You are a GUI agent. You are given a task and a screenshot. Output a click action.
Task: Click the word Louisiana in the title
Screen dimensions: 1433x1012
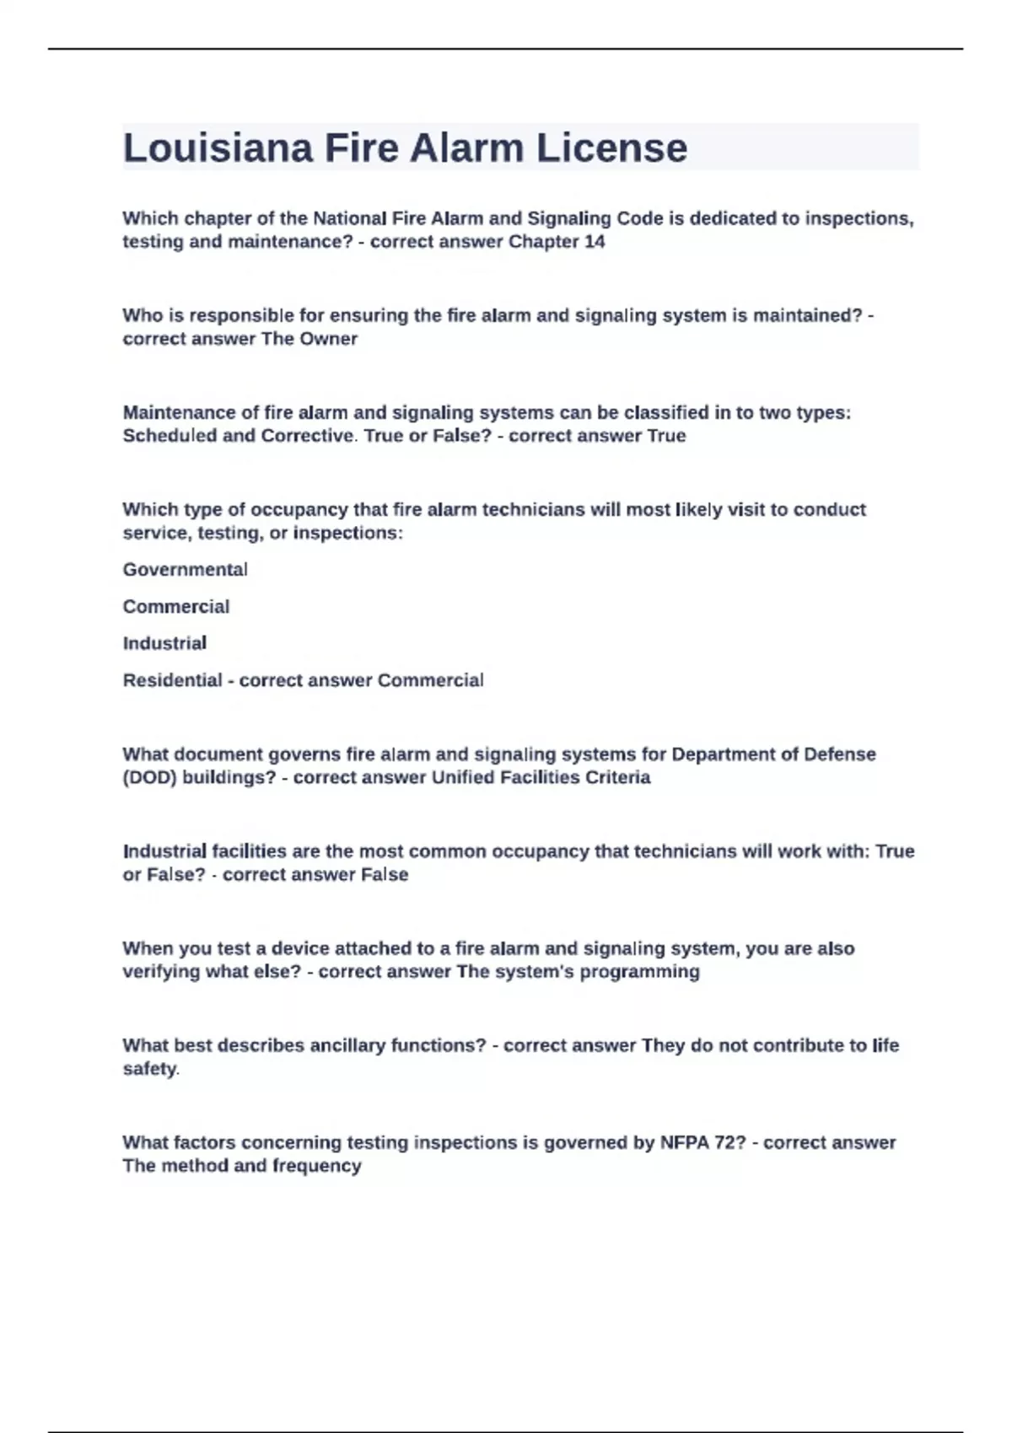pyautogui.click(x=218, y=148)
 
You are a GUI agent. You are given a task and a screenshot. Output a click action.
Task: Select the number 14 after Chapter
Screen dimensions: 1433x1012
pyautogui.click(x=594, y=242)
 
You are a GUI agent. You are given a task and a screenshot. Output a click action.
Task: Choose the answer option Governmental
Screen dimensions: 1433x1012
pyautogui.click(x=185, y=570)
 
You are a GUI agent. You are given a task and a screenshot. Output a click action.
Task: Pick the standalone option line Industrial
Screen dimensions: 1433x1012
pyautogui.click(x=164, y=643)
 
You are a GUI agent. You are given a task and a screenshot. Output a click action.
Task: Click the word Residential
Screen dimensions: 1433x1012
pyautogui.click(x=172, y=680)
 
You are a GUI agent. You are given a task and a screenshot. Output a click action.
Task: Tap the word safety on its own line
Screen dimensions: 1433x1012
pyautogui.click(x=150, y=1069)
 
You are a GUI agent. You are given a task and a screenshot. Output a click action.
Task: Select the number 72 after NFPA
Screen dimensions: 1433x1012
pyautogui.click(x=725, y=1143)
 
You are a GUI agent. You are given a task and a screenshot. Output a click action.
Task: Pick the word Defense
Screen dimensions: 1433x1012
pyautogui.click(x=839, y=754)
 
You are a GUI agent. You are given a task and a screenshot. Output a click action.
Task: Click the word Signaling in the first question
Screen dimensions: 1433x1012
pyautogui.click(x=568, y=218)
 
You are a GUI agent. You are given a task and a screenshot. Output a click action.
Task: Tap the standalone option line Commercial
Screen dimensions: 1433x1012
pyautogui.click(x=175, y=607)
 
